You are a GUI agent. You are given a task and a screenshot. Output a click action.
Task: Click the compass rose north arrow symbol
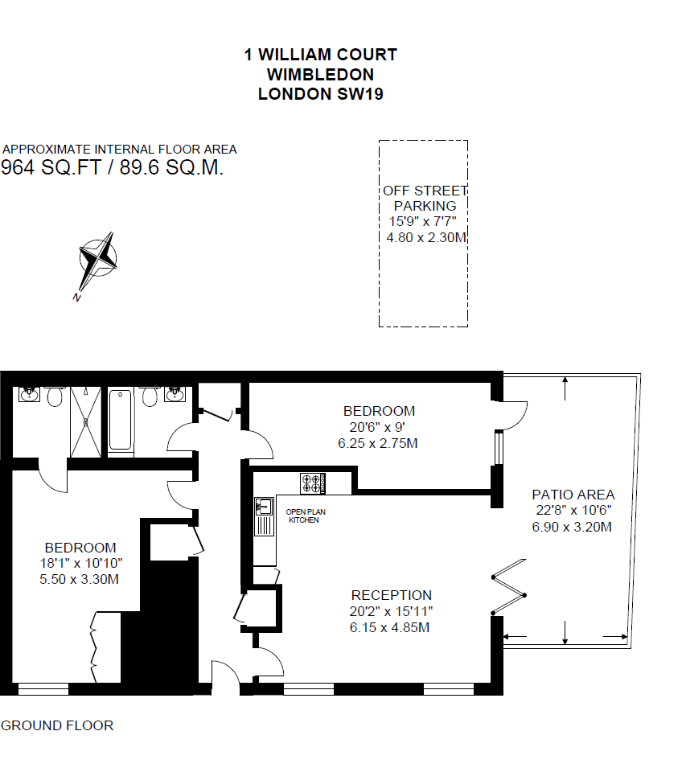[97, 262]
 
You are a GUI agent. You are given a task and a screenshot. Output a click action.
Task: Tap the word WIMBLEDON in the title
[320, 75]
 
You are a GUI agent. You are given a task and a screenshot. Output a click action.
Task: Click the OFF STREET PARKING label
[425, 198]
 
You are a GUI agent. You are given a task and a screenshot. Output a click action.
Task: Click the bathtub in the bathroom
[121, 419]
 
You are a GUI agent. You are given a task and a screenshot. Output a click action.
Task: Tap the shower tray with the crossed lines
[86, 421]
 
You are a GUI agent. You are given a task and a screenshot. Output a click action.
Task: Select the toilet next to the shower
[55, 396]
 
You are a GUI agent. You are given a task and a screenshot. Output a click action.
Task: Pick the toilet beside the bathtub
[148, 396]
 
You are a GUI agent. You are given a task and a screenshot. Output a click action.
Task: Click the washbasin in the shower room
[29, 395]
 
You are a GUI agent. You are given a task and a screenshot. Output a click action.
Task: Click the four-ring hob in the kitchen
[313, 483]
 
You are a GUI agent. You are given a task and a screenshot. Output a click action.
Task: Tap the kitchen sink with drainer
[263, 515]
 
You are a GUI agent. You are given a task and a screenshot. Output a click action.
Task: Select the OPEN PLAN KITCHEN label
[306, 515]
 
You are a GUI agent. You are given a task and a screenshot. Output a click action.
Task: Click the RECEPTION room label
[391, 595]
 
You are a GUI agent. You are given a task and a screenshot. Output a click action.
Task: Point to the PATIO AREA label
[573, 495]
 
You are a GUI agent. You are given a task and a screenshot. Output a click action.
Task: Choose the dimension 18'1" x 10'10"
[80, 563]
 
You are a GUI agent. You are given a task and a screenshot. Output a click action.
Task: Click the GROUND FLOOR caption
[57, 725]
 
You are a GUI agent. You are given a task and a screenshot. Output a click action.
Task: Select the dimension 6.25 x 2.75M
[378, 443]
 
